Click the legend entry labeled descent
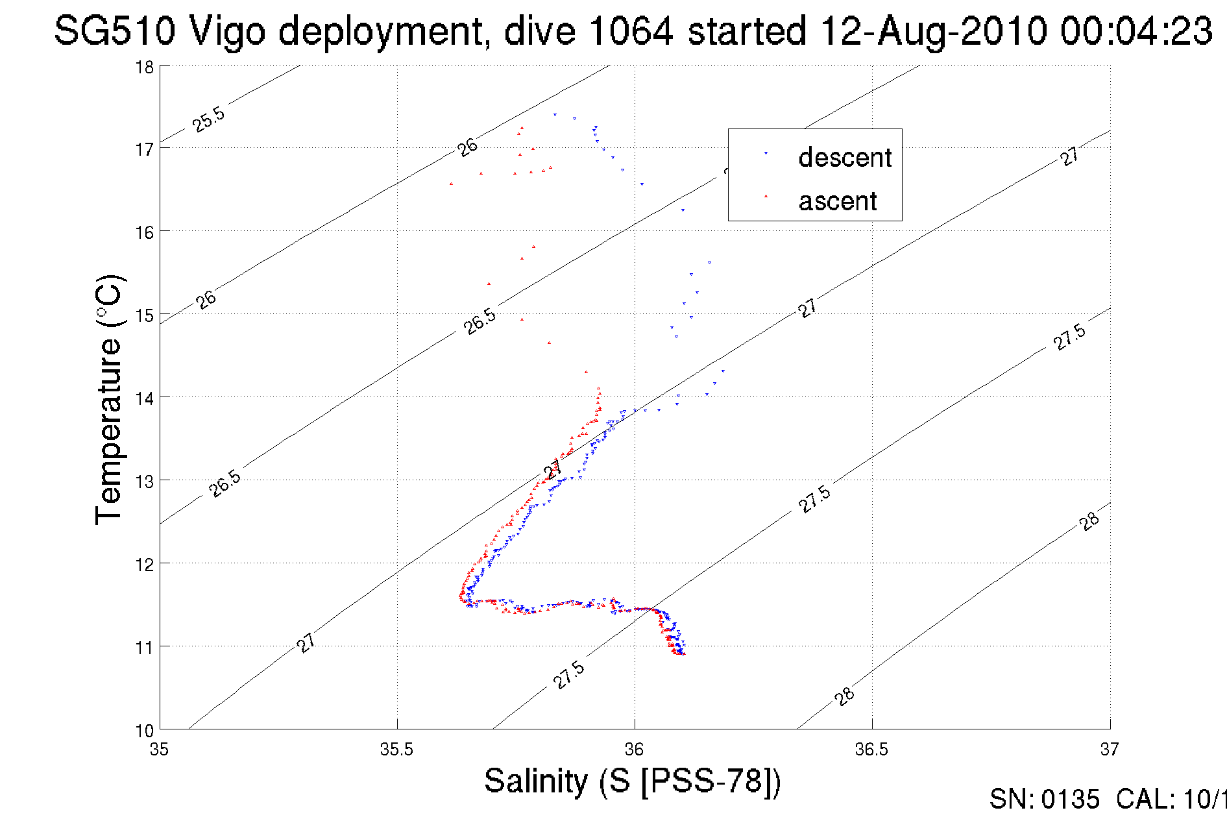coord(845,158)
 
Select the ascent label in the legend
coord(837,201)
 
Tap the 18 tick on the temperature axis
coord(145,67)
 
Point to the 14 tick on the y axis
coord(145,398)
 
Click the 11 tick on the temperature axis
coord(145,647)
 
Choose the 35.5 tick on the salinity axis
coord(396,750)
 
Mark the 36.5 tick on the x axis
coord(871,750)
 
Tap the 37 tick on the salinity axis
coord(1109,750)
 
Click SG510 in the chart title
coord(114,31)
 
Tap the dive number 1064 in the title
coord(631,31)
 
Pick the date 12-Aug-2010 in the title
coord(933,31)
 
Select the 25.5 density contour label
coord(209,119)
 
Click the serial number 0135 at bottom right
coord(1071,800)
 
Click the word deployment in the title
coord(383,31)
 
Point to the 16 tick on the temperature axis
coord(145,232)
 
